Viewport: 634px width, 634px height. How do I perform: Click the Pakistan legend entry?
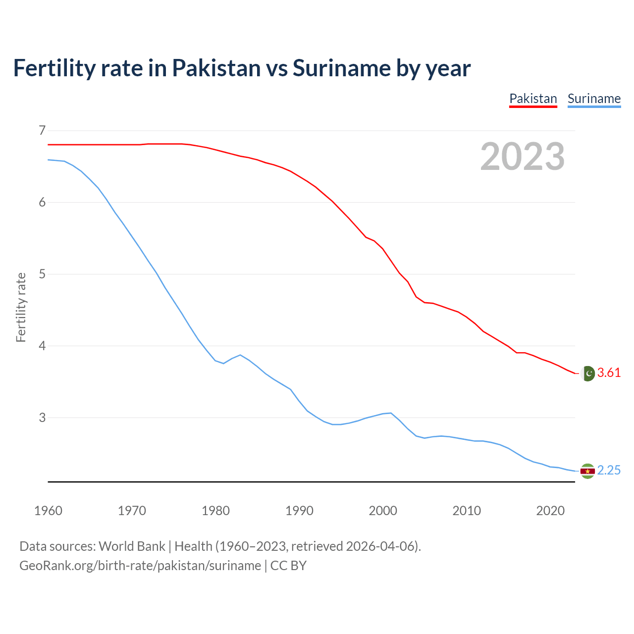point(533,99)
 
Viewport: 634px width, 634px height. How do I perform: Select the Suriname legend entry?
point(594,99)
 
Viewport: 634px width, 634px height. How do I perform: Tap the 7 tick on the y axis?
point(42,131)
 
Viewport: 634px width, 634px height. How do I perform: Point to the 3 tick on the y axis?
point(42,418)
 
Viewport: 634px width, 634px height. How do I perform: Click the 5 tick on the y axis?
point(42,274)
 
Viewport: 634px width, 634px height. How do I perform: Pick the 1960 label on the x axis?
point(48,511)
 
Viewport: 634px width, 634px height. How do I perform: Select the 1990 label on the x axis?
point(299,511)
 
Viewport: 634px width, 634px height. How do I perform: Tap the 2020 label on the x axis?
point(550,511)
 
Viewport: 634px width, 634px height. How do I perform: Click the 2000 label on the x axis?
point(383,511)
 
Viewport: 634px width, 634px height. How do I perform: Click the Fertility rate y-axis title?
point(21,307)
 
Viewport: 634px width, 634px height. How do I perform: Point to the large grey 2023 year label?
point(523,157)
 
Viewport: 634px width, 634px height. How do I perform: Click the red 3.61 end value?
point(609,373)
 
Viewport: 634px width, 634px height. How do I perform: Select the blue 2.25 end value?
point(609,471)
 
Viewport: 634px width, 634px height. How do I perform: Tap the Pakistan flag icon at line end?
point(587,373)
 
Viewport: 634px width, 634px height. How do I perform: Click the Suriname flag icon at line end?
point(587,471)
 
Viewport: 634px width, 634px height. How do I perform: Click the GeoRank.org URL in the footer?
point(140,566)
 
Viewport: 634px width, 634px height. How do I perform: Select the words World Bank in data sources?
point(132,546)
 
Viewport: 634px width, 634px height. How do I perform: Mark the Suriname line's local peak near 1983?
point(240,355)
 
